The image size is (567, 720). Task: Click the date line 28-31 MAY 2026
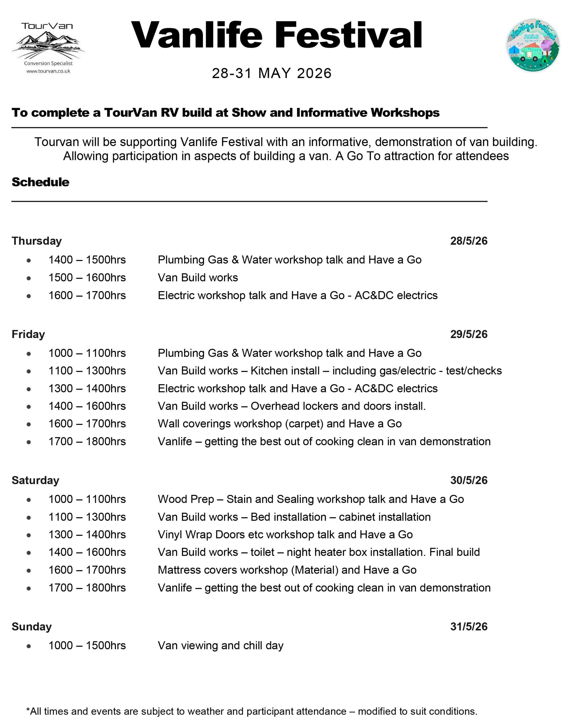pyautogui.click(x=272, y=73)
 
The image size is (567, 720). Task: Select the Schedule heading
pyautogui.click(x=40, y=182)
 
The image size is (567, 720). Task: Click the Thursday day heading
pyautogui.click(x=37, y=241)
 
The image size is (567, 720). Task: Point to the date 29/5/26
pyautogui.click(x=468, y=334)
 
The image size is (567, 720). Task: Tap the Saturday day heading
pyautogui.click(x=35, y=480)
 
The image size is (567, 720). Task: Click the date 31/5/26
pyautogui.click(x=468, y=626)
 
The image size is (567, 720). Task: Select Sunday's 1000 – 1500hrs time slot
pyautogui.click(x=87, y=645)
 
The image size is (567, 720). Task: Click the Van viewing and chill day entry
pyautogui.click(x=220, y=645)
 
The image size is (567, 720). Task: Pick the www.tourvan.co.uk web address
pyautogui.click(x=48, y=71)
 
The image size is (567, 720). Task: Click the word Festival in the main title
pyautogui.click(x=348, y=35)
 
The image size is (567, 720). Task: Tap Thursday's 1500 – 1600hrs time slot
pyautogui.click(x=87, y=278)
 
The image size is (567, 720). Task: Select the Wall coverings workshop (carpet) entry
pyautogui.click(x=279, y=424)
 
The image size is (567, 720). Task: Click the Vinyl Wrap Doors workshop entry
pyautogui.click(x=285, y=534)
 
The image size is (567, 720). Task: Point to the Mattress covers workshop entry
pyautogui.click(x=287, y=570)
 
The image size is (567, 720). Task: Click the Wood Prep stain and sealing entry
pyautogui.click(x=310, y=499)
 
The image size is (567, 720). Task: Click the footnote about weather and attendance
pyautogui.click(x=252, y=711)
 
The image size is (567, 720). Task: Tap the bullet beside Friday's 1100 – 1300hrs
pyautogui.click(x=29, y=371)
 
